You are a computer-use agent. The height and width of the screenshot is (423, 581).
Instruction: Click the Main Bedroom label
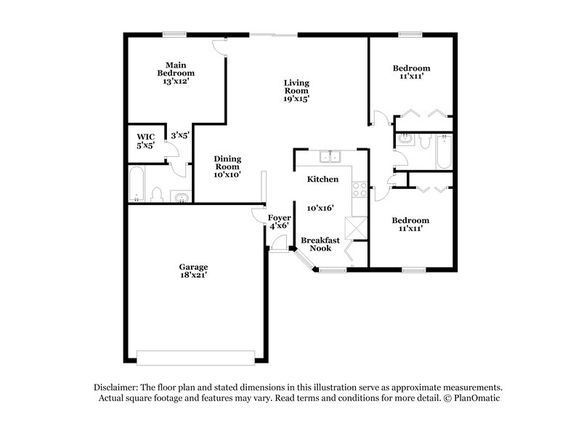(x=176, y=69)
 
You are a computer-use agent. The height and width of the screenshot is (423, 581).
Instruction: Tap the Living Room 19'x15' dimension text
(x=296, y=99)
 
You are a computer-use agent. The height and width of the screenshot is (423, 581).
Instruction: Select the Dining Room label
(x=227, y=163)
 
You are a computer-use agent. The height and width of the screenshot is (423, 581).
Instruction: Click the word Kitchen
(x=322, y=179)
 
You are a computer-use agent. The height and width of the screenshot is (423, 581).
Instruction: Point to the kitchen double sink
(x=330, y=156)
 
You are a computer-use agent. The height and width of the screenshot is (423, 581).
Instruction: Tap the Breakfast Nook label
(x=316, y=243)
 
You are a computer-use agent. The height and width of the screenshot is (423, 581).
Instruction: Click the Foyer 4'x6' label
(x=280, y=222)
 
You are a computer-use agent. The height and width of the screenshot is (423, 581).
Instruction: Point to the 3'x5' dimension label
(x=179, y=134)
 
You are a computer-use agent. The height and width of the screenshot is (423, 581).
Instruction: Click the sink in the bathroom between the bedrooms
(x=405, y=140)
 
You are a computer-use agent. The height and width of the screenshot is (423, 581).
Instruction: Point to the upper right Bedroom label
(x=411, y=68)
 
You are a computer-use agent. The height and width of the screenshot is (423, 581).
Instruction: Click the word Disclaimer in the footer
(x=118, y=387)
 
